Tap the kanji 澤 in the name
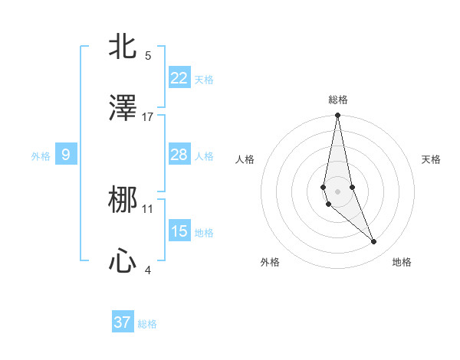(123, 109)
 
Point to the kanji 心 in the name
(123, 262)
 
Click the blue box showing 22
(179, 78)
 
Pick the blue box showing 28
(179, 155)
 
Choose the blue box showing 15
(179, 231)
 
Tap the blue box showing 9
(66, 155)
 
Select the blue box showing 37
(123, 322)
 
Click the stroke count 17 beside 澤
(148, 116)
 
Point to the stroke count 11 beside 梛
(148, 208)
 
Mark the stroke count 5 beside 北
(148, 55)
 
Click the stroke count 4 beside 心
(148, 270)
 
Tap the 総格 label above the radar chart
(337, 100)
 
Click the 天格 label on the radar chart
(431, 159)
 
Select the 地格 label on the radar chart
(402, 262)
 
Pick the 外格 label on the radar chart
(270, 262)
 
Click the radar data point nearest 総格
(337, 116)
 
